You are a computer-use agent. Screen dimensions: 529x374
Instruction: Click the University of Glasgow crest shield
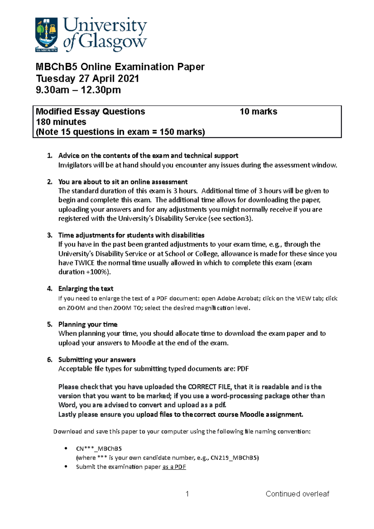[x=46, y=34]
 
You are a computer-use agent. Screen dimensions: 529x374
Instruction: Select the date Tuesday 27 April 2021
[x=87, y=79]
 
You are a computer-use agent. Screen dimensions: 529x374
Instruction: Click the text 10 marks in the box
[x=258, y=112]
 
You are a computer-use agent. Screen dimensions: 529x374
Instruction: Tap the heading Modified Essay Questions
[x=90, y=112]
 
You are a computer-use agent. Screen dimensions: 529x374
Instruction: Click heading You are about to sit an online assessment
[x=123, y=182]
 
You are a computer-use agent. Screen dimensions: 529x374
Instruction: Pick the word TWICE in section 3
[x=84, y=263]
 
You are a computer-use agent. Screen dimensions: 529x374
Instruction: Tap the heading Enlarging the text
[x=86, y=289]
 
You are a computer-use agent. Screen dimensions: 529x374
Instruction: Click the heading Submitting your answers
[x=97, y=360]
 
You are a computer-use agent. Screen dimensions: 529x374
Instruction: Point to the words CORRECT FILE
[x=209, y=387]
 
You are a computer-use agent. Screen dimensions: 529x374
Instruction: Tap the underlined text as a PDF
[x=174, y=467]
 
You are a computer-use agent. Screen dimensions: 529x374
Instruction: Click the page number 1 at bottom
[x=187, y=494]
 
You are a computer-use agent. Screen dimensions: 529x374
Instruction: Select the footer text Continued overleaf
[x=297, y=494]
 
